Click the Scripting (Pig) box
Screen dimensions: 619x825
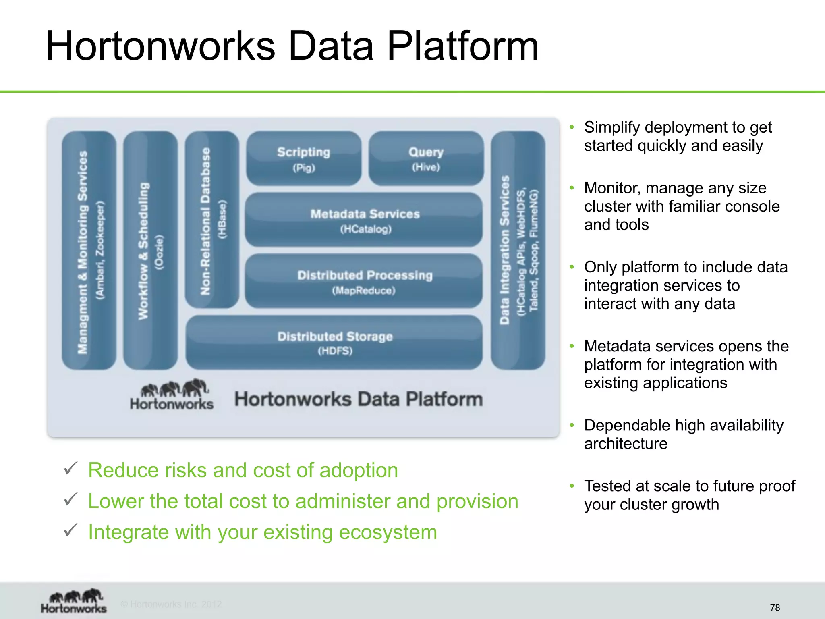pyautogui.click(x=304, y=158)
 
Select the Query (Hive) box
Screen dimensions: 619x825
pyautogui.click(x=426, y=158)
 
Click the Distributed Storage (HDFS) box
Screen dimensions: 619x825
pyautogui.click(x=334, y=343)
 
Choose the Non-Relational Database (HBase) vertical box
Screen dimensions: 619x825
pyautogui.click(x=212, y=220)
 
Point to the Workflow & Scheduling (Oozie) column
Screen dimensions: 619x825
pyautogui.click(x=150, y=250)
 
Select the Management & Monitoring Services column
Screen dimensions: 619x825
pyautogui.click(x=89, y=250)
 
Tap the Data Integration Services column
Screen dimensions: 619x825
pyautogui.click(x=518, y=250)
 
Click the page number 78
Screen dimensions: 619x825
pyautogui.click(x=775, y=608)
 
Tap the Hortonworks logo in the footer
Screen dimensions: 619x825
pyautogui.click(x=74, y=601)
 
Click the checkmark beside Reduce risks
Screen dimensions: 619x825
pyautogui.click(x=70, y=469)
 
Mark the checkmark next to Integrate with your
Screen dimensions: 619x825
pyautogui.click(x=70, y=530)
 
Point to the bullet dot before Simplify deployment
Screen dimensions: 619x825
pyautogui.click(x=572, y=127)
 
